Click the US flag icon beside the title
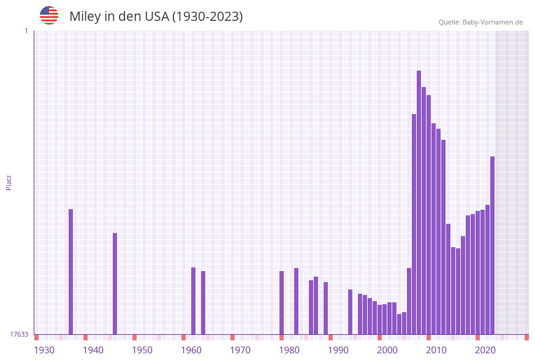(x=49, y=15)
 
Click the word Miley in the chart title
(x=85, y=17)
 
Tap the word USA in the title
(x=156, y=17)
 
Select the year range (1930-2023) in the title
(x=207, y=17)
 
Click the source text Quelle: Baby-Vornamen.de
(x=480, y=22)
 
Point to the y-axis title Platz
(x=9, y=182)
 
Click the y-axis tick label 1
(x=26, y=31)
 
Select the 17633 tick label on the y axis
(x=19, y=334)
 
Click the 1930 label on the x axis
(x=44, y=350)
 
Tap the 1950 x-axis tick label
(x=142, y=350)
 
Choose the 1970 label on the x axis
(x=240, y=350)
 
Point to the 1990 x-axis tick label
(x=338, y=350)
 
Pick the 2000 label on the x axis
(x=387, y=350)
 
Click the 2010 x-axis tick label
(x=436, y=350)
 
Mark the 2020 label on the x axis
(x=485, y=350)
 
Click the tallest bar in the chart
(x=419, y=202)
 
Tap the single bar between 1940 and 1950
(x=115, y=283)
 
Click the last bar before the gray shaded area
(x=493, y=245)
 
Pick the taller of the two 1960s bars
(x=194, y=301)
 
